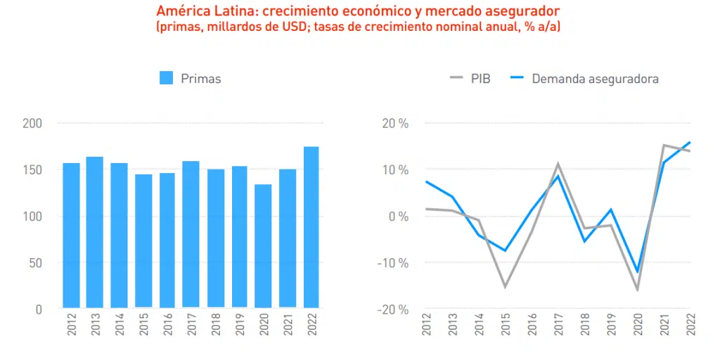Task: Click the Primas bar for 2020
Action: (x=262, y=246)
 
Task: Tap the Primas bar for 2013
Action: (x=95, y=232)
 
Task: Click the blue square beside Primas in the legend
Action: (x=167, y=78)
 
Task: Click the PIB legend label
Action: (x=481, y=79)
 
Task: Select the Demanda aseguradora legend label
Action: (x=595, y=79)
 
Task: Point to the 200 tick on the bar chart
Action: (x=32, y=124)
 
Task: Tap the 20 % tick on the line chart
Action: (x=394, y=124)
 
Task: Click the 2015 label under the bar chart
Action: (x=143, y=326)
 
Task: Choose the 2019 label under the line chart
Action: (x=610, y=326)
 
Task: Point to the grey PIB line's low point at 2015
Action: (x=504, y=286)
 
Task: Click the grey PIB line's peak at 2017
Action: (x=558, y=165)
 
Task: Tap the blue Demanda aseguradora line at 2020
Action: (x=637, y=271)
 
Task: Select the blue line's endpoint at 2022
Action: (x=690, y=142)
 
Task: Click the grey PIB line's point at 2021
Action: (x=663, y=146)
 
